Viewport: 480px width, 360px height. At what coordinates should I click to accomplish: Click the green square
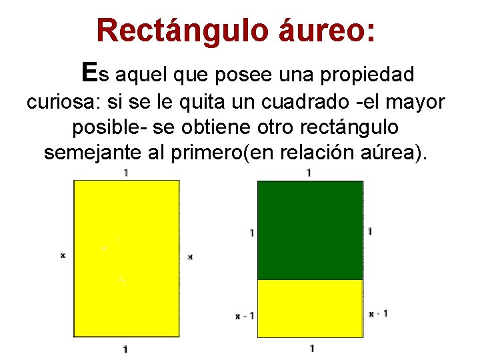310,230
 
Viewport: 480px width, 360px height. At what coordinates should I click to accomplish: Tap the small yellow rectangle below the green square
310,308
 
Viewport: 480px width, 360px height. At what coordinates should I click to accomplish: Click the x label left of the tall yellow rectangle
63,255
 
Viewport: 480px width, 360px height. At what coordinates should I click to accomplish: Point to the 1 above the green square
308,173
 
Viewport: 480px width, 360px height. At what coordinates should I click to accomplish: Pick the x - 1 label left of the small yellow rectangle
245,315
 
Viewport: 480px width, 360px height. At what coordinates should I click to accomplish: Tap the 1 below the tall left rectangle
126,349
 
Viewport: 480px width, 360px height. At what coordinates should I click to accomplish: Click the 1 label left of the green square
251,233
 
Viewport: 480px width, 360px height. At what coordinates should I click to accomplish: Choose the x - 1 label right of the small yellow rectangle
378,313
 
